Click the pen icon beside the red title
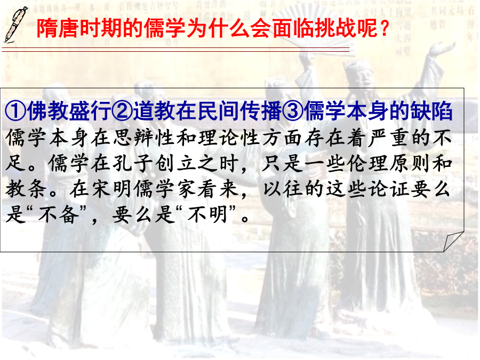[15, 25]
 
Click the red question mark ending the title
[385, 28]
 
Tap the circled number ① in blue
[15, 111]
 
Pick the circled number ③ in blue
[293, 111]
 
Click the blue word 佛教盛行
[69, 111]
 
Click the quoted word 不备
[58, 214]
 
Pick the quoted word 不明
[208, 214]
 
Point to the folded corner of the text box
[453, 242]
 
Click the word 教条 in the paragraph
[26, 189]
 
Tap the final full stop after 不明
[245, 219]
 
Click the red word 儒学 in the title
[164, 28]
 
